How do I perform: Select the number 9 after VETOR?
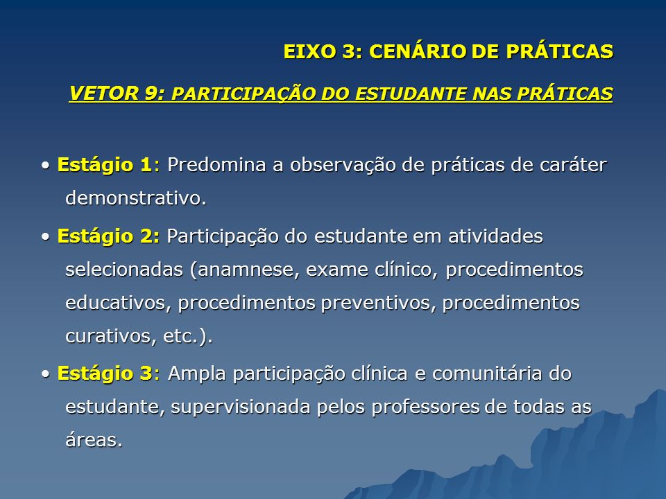click(x=151, y=94)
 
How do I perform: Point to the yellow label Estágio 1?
click(x=105, y=164)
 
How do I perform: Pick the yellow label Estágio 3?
click(x=105, y=373)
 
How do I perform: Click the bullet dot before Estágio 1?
click(x=46, y=166)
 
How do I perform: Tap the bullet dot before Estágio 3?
click(x=46, y=374)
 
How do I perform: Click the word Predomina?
click(x=216, y=164)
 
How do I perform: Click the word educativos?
click(x=115, y=303)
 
